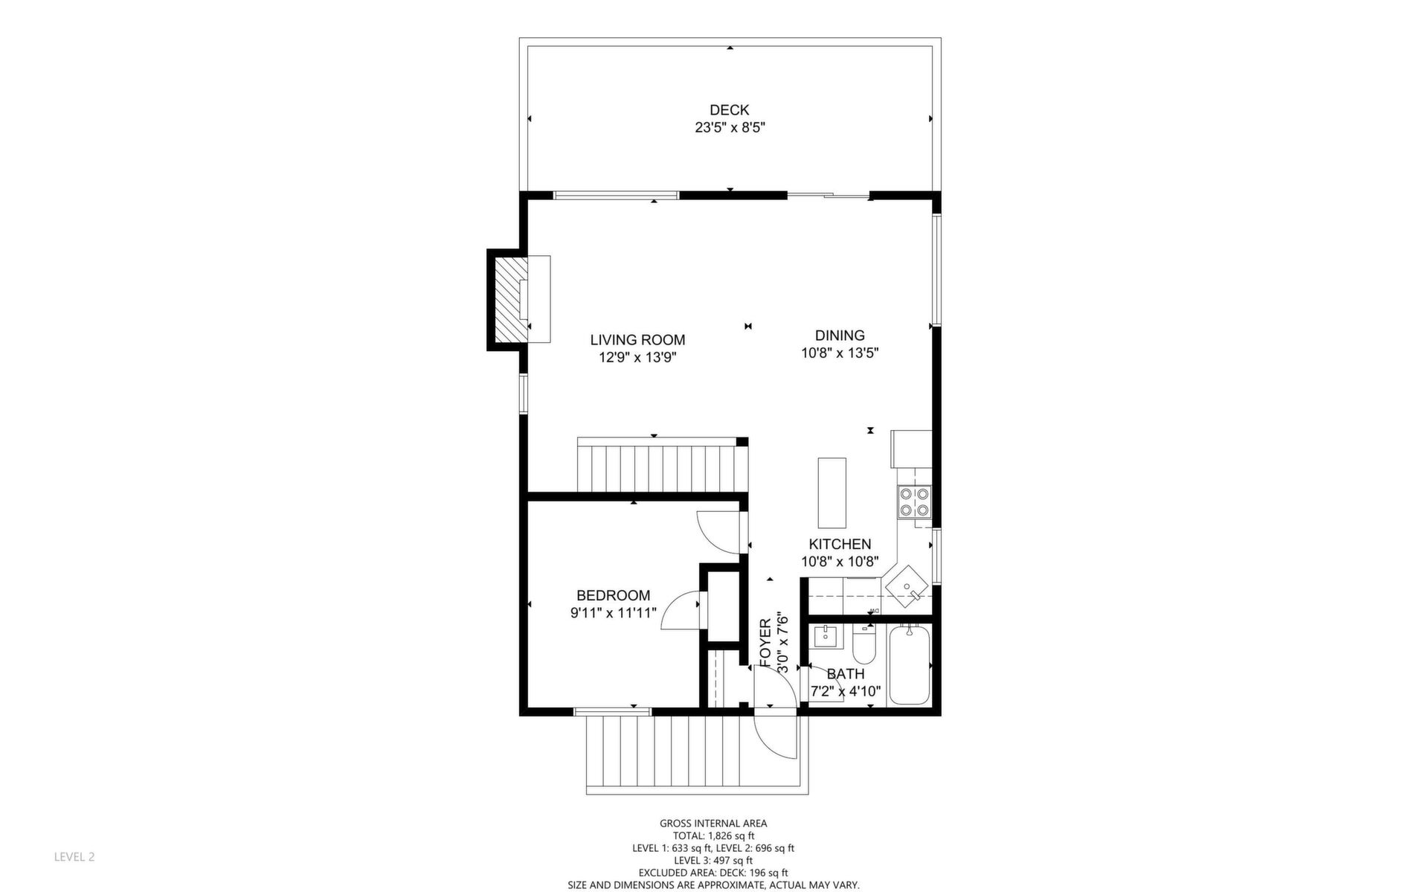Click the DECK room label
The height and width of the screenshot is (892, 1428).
[729, 110]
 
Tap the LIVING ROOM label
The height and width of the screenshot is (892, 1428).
[637, 340]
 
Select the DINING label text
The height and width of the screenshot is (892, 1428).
[840, 336]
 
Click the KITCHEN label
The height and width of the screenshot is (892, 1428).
[840, 545]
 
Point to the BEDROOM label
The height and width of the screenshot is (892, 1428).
[614, 595]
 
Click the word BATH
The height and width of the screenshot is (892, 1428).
[846, 674]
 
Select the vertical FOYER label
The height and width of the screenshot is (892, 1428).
[766, 643]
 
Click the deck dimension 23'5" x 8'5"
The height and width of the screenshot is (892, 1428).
[730, 128]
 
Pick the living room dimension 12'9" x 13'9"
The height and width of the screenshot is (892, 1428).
[637, 358]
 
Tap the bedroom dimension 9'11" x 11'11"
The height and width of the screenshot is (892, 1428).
[614, 613]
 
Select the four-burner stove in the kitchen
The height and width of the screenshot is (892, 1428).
[915, 501]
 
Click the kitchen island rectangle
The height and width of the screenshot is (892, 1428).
[832, 492]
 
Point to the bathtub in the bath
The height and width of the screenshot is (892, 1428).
[909, 665]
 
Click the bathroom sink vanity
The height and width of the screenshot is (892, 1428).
[826, 638]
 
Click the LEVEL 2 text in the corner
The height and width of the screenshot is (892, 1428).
[74, 857]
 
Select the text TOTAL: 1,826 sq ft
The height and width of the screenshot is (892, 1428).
[713, 835]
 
